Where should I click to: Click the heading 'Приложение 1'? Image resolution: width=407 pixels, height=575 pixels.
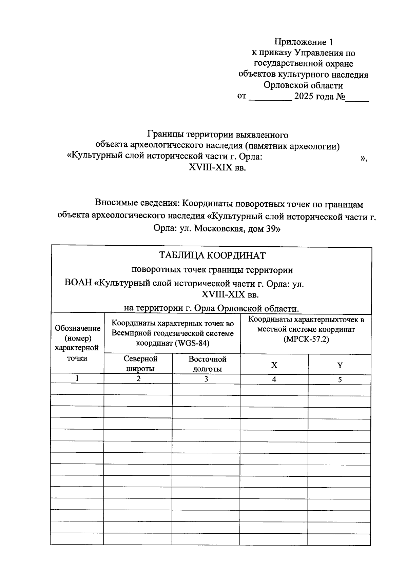(x=304, y=42)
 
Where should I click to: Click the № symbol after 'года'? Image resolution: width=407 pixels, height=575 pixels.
(x=340, y=97)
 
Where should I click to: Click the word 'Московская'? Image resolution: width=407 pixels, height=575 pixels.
(x=220, y=229)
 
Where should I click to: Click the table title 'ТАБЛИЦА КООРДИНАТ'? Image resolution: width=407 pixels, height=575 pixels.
(x=212, y=255)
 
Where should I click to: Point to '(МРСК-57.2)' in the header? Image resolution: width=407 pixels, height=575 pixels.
(x=306, y=339)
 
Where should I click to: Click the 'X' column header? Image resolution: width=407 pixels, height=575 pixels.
(x=274, y=365)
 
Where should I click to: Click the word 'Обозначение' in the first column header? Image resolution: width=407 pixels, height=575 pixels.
(x=78, y=328)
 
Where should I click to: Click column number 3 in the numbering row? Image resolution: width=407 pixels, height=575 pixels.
(x=206, y=379)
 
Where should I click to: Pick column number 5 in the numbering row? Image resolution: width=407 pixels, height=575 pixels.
(x=340, y=380)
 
